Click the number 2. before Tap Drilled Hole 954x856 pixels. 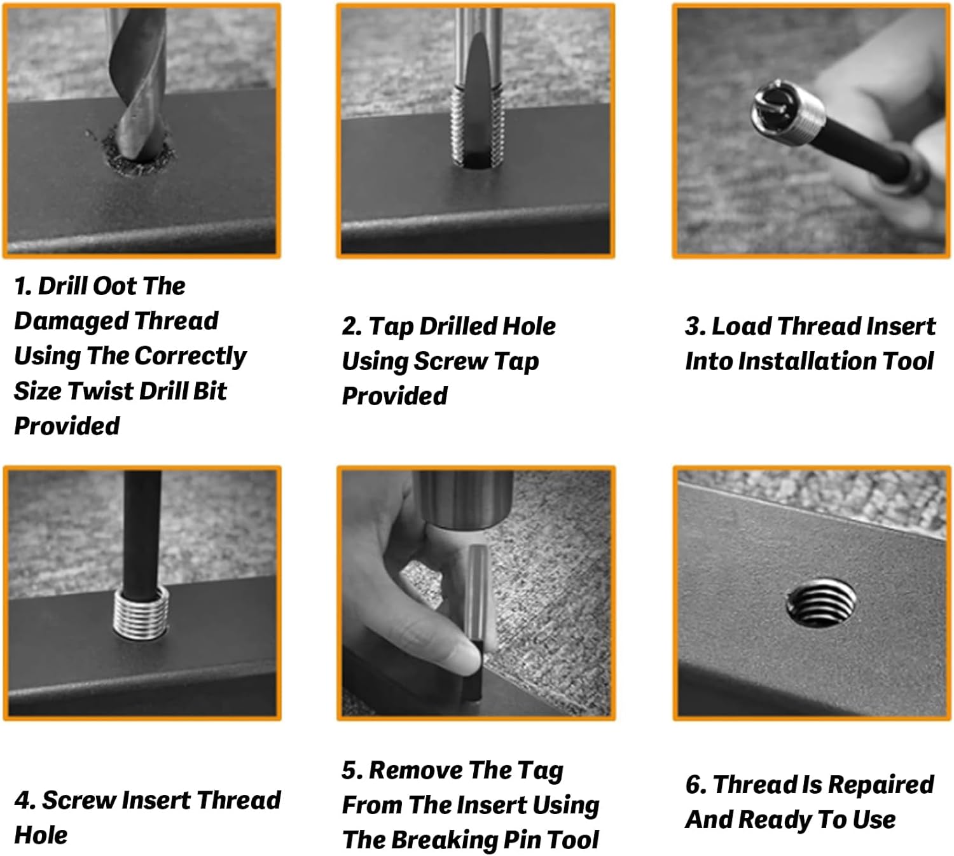click(352, 326)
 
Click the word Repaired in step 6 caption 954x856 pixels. click(881, 785)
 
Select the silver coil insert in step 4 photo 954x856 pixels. click(141, 613)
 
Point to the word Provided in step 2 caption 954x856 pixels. click(394, 396)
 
